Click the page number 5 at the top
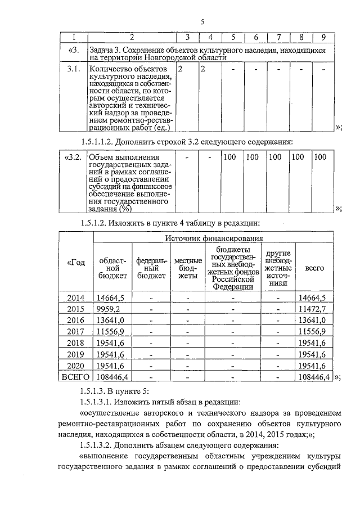pyautogui.click(x=201, y=22)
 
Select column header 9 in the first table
pyautogui.click(x=323, y=38)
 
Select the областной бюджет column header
pyautogui.click(x=112, y=268)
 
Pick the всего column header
pyautogui.click(x=314, y=268)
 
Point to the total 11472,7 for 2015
pyautogui.click(x=313, y=309)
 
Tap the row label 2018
pyautogui.click(x=75, y=343)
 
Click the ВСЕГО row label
pyautogui.click(x=75, y=376)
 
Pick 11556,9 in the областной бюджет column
pyautogui.click(x=110, y=331)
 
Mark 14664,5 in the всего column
pyautogui.click(x=313, y=298)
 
